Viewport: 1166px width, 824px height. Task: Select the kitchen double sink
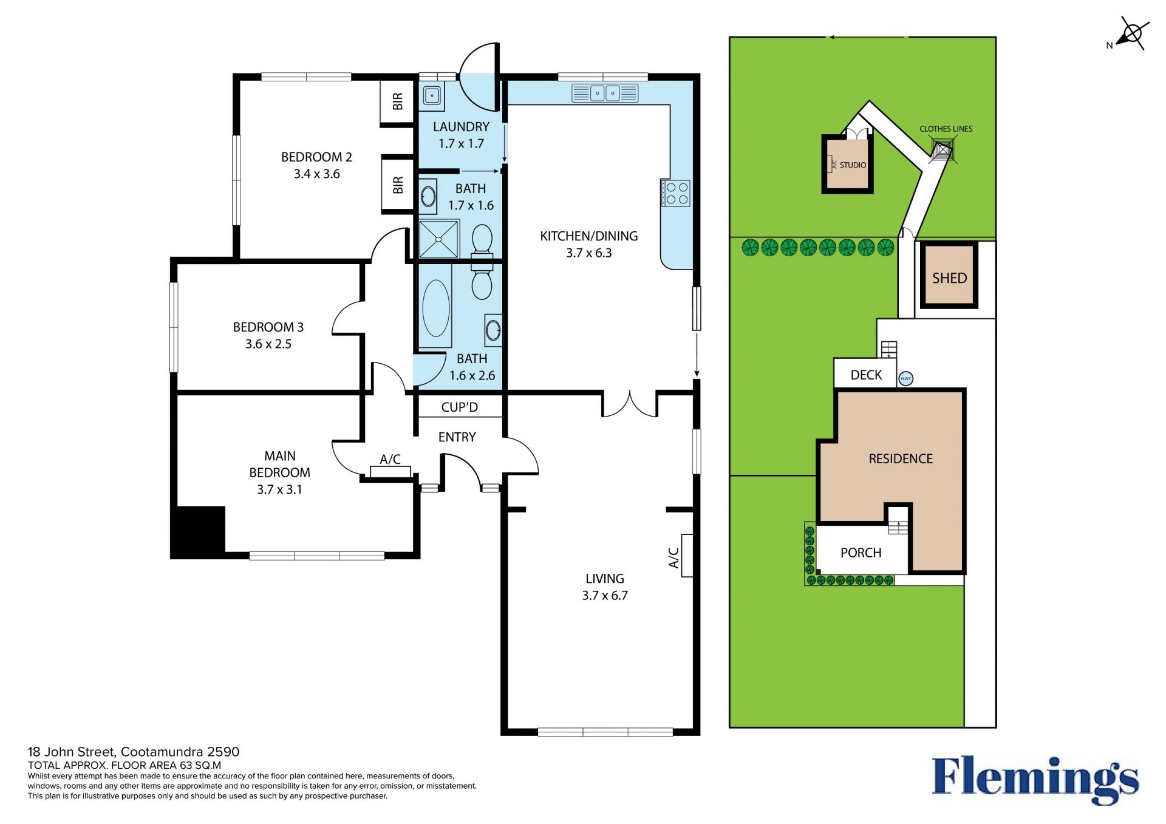tap(605, 94)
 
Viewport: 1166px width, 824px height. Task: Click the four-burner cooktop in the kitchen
tap(677, 193)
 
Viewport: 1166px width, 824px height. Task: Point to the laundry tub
tap(432, 96)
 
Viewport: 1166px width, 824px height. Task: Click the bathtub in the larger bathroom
tap(435, 308)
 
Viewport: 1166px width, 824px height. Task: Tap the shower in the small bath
tap(439, 239)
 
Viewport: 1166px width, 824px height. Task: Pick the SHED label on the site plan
tap(949, 278)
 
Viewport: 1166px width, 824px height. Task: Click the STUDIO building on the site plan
tap(848, 164)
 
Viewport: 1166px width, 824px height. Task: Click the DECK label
tap(866, 375)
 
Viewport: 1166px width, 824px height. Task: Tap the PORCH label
tap(861, 553)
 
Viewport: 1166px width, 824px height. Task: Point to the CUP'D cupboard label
tap(459, 407)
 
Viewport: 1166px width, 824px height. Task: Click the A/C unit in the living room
tap(687, 555)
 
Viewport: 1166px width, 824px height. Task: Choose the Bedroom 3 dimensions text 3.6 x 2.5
tap(268, 344)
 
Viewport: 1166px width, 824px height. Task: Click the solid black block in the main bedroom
tap(199, 531)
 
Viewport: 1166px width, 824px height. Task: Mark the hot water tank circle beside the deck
tap(905, 379)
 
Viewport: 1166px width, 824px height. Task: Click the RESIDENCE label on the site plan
tap(901, 459)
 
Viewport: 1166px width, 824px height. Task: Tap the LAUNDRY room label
tap(461, 127)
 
